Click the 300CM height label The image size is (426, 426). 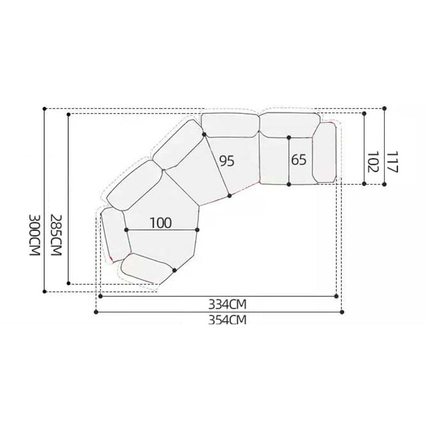pos(35,235)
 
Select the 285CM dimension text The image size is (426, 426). pos(56,235)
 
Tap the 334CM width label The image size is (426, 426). pos(227,305)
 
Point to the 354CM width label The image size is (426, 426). pos(227,320)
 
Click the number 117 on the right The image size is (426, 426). pos(392,162)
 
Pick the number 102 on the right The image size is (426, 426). pos(372,162)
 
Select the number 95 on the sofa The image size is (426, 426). pos(227,161)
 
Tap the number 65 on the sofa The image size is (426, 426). pos(299,159)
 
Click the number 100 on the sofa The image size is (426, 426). pos(161,223)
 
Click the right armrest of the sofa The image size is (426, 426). pos(324,153)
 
